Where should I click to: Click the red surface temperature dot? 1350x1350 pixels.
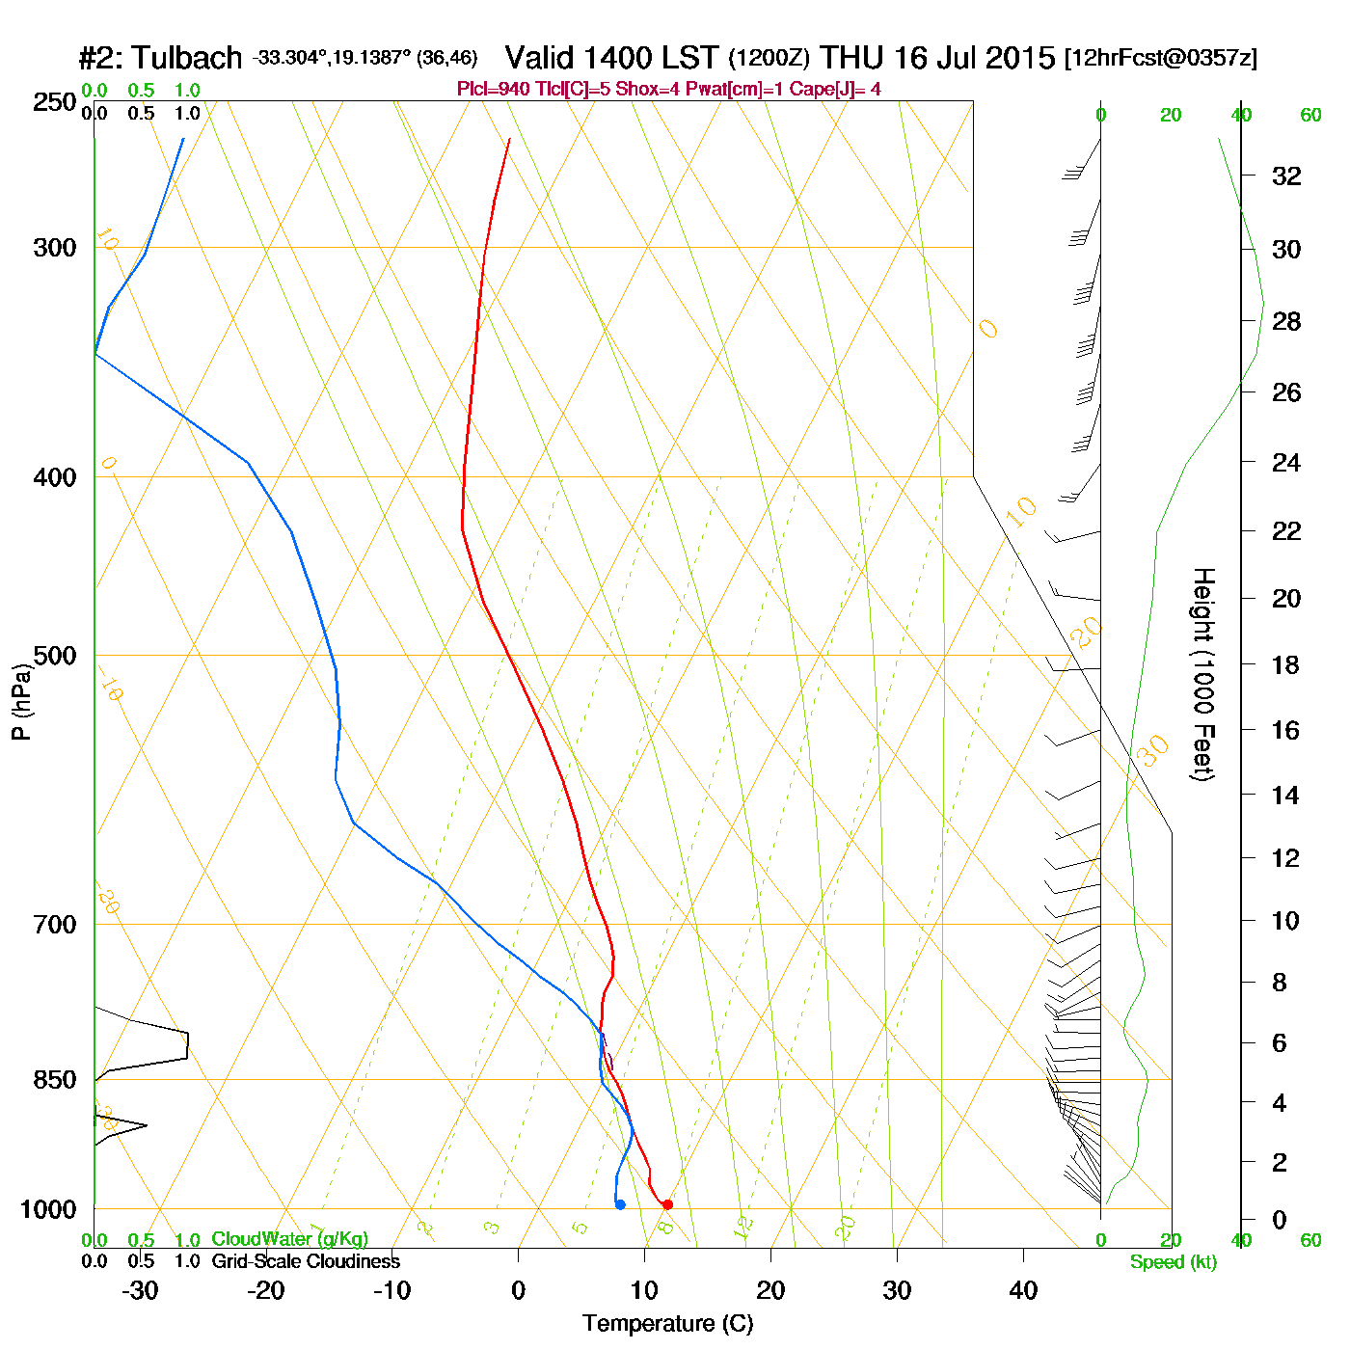click(667, 1204)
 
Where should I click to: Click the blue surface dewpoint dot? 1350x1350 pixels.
click(620, 1204)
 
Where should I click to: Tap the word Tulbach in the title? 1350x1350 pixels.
click(187, 58)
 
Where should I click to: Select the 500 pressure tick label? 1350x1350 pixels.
click(55, 656)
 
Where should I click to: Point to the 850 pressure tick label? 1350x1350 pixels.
click(55, 1080)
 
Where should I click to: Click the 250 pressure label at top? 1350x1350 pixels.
click(55, 102)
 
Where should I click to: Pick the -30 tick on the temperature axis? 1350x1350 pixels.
click(140, 1290)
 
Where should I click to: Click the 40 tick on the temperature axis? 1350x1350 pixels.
click(1023, 1290)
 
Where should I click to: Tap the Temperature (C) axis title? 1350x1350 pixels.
click(667, 1324)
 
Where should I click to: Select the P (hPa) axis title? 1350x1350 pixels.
click(21, 701)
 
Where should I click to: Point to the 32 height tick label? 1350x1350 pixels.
click(1286, 176)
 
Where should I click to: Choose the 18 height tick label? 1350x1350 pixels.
click(1286, 664)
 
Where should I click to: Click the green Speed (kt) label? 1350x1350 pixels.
click(1174, 1262)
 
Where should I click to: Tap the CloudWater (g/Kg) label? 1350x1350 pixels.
click(289, 1239)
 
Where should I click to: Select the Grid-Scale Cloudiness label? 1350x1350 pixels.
click(306, 1261)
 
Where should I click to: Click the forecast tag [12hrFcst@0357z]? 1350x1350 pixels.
click(1161, 58)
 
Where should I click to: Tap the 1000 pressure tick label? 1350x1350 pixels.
click(48, 1209)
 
